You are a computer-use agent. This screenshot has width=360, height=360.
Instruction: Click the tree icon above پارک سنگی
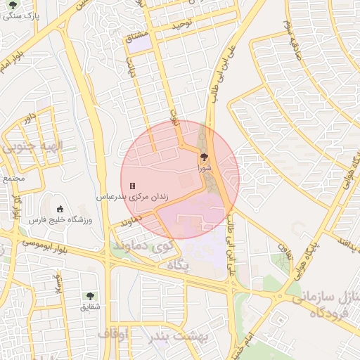point(12,5)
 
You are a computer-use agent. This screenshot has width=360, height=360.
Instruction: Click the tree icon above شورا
point(204,157)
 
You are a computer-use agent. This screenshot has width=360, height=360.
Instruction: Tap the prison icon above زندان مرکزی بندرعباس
point(132,186)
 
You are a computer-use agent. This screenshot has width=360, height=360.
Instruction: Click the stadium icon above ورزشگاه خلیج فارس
point(60,209)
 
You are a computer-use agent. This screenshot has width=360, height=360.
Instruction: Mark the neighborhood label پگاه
point(179,264)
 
